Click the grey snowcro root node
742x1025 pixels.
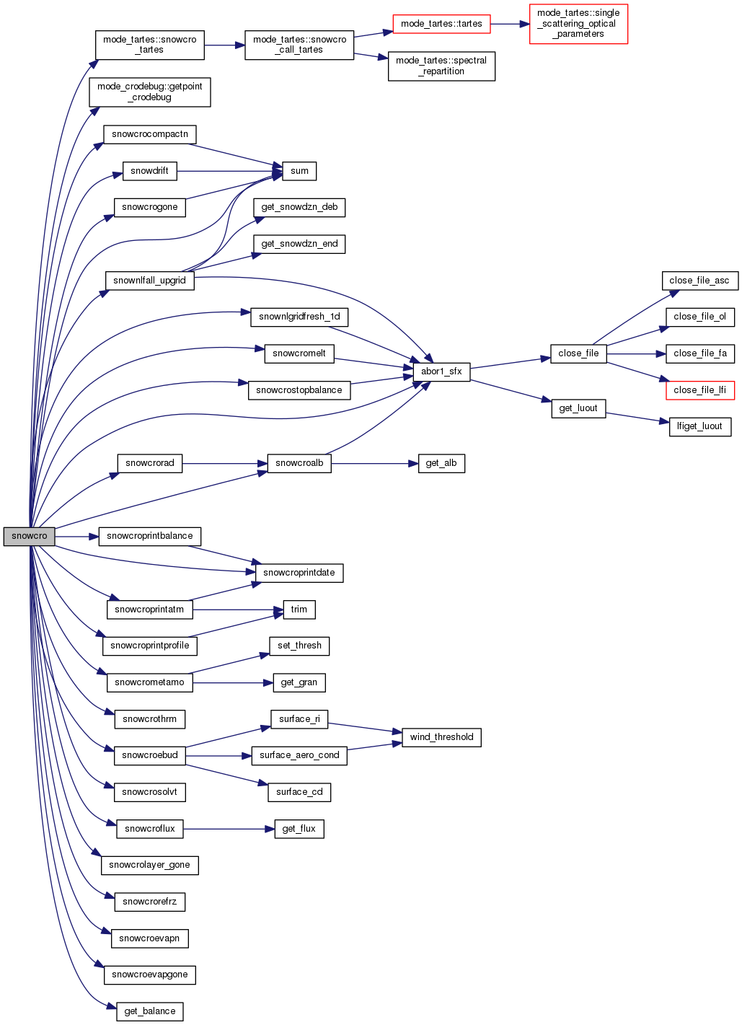pyautogui.click(x=29, y=536)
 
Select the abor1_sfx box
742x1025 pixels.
pyautogui.click(x=441, y=371)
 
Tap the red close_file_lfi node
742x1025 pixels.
pyautogui.click(x=699, y=390)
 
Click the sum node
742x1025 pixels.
pyautogui.click(x=299, y=171)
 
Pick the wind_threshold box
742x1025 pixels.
pyautogui.click(x=441, y=737)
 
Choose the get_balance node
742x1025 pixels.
pyautogui.click(x=149, y=1011)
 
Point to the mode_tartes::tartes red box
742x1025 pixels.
pyautogui.click(x=441, y=24)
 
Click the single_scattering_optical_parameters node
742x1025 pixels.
pyautogui.click(x=578, y=24)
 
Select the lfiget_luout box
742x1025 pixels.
pyautogui.click(x=699, y=426)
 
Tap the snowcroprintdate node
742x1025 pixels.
pyautogui.click(x=299, y=573)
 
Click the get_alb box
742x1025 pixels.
pyautogui.click(x=441, y=463)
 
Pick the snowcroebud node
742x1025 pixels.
pyautogui.click(x=149, y=755)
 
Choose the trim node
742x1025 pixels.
pyautogui.click(x=299, y=610)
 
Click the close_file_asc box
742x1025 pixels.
pyautogui.click(x=699, y=281)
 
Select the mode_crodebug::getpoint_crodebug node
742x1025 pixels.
pyautogui.click(x=149, y=92)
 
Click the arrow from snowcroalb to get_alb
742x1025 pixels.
pyautogui.click(x=375, y=463)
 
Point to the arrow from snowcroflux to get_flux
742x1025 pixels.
pyautogui.click(x=229, y=829)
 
